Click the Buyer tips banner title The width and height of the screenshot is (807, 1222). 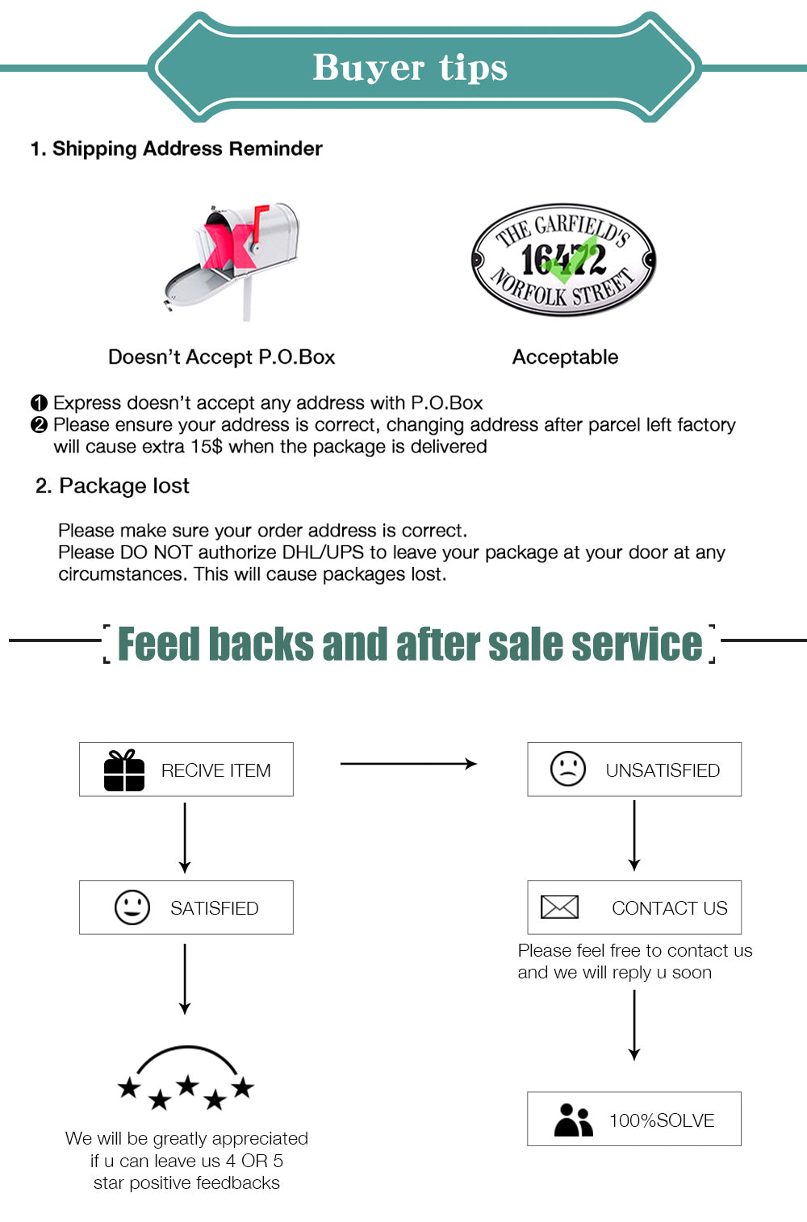click(410, 68)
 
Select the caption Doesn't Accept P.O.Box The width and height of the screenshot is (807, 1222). click(221, 357)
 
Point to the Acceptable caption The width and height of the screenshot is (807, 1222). click(565, 357)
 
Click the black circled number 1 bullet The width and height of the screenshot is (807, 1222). click(39, 403)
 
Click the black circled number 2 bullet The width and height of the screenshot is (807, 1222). click(39, 425)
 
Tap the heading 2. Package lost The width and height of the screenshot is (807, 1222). click(112, 486)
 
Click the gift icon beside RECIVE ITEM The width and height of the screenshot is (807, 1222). click(124, 770)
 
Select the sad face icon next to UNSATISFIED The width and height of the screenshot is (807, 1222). click(567, 769)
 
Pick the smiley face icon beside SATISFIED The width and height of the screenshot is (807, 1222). click(132, 907)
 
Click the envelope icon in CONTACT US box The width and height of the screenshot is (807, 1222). click(559, 907)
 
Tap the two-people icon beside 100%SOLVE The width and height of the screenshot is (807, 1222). click(573, 1120)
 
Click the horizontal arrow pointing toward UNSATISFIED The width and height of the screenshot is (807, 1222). click(408, 763)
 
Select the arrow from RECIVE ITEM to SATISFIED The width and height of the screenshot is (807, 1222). click(185, 837)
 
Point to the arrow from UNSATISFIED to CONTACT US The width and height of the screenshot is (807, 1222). click(634, 836)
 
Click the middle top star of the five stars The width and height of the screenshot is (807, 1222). click(187, 1085)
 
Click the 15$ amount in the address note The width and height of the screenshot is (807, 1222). click(207, 447)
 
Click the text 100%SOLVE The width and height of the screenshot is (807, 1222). click(662, 1120)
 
